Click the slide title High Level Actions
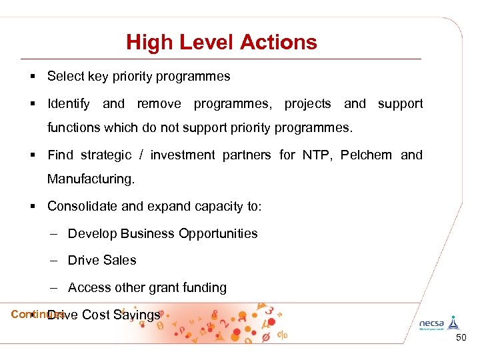(221, 43)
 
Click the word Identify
(69, 103)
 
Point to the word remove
(159, 103)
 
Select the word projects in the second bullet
(307, 103)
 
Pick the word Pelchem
(366, 155)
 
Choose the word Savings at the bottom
(137, 315)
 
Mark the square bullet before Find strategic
(32, 155)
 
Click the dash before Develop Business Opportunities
(53, 233)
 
